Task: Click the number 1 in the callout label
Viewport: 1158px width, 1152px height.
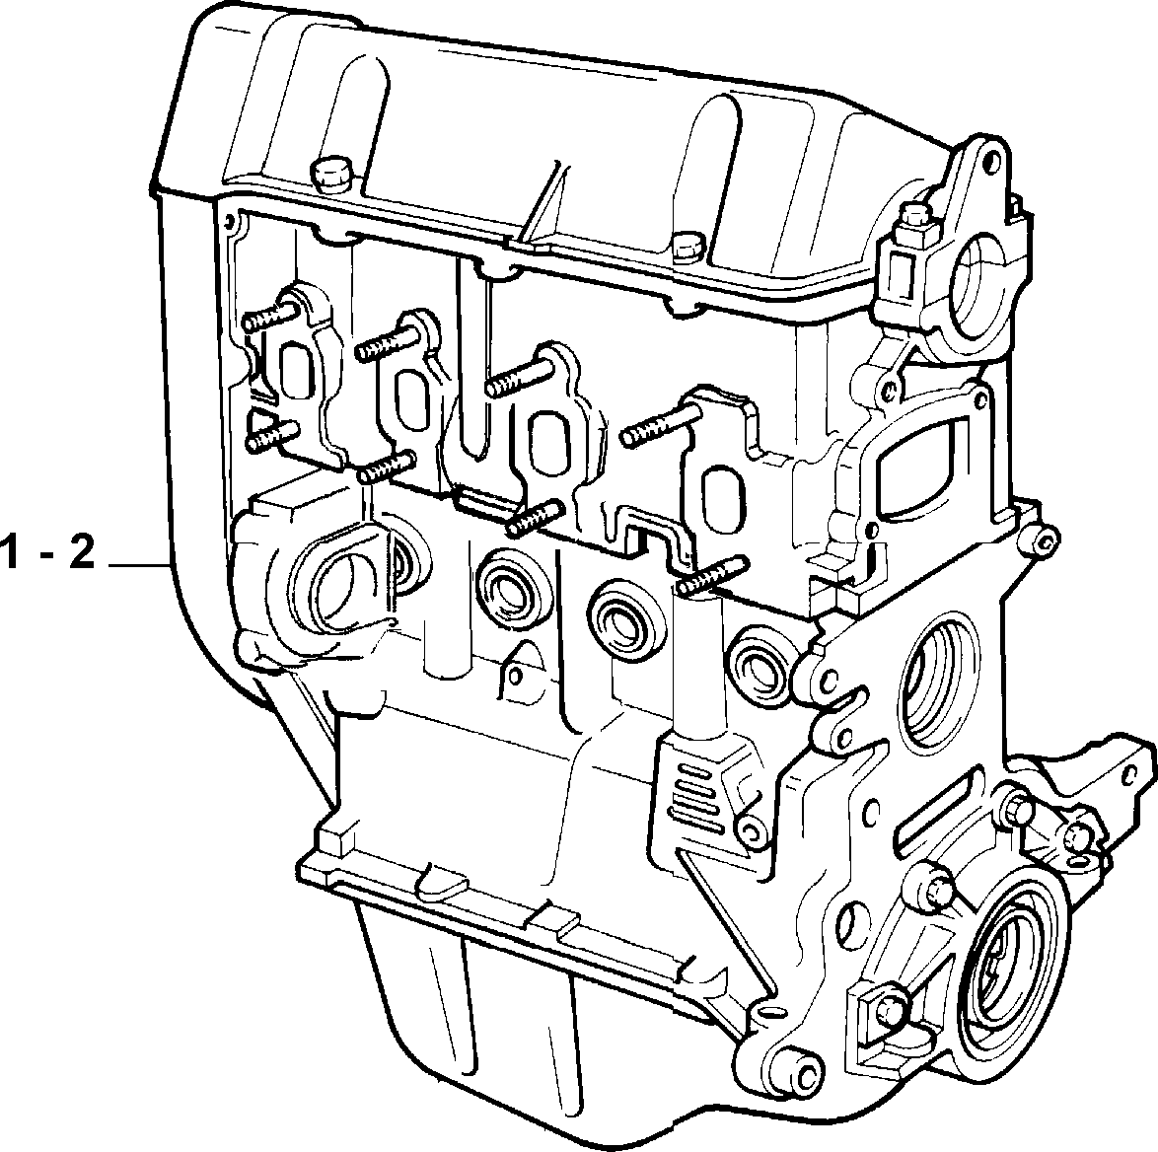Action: [x=10, y=553]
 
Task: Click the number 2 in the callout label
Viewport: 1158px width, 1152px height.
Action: [x=82, y=553]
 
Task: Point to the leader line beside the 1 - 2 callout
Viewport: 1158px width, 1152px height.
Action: [x=140, y=565]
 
